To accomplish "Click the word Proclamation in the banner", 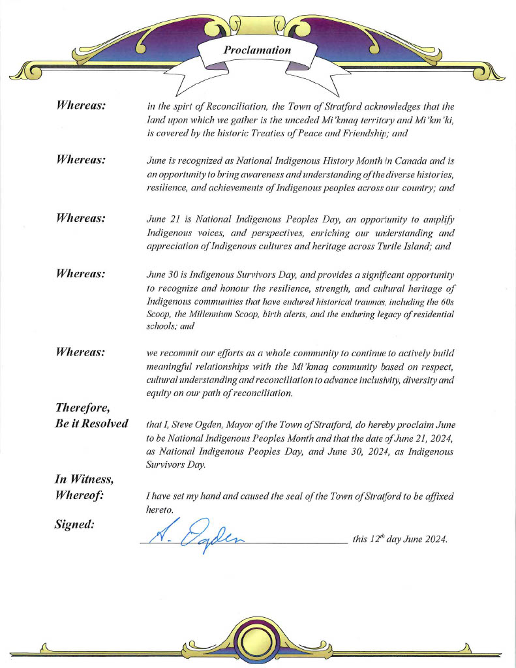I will [x=257, y=50].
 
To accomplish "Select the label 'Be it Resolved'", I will [x=91, y=423].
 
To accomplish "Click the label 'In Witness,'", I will [x=84, y=479].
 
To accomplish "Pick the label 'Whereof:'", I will [x=80, y=496].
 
